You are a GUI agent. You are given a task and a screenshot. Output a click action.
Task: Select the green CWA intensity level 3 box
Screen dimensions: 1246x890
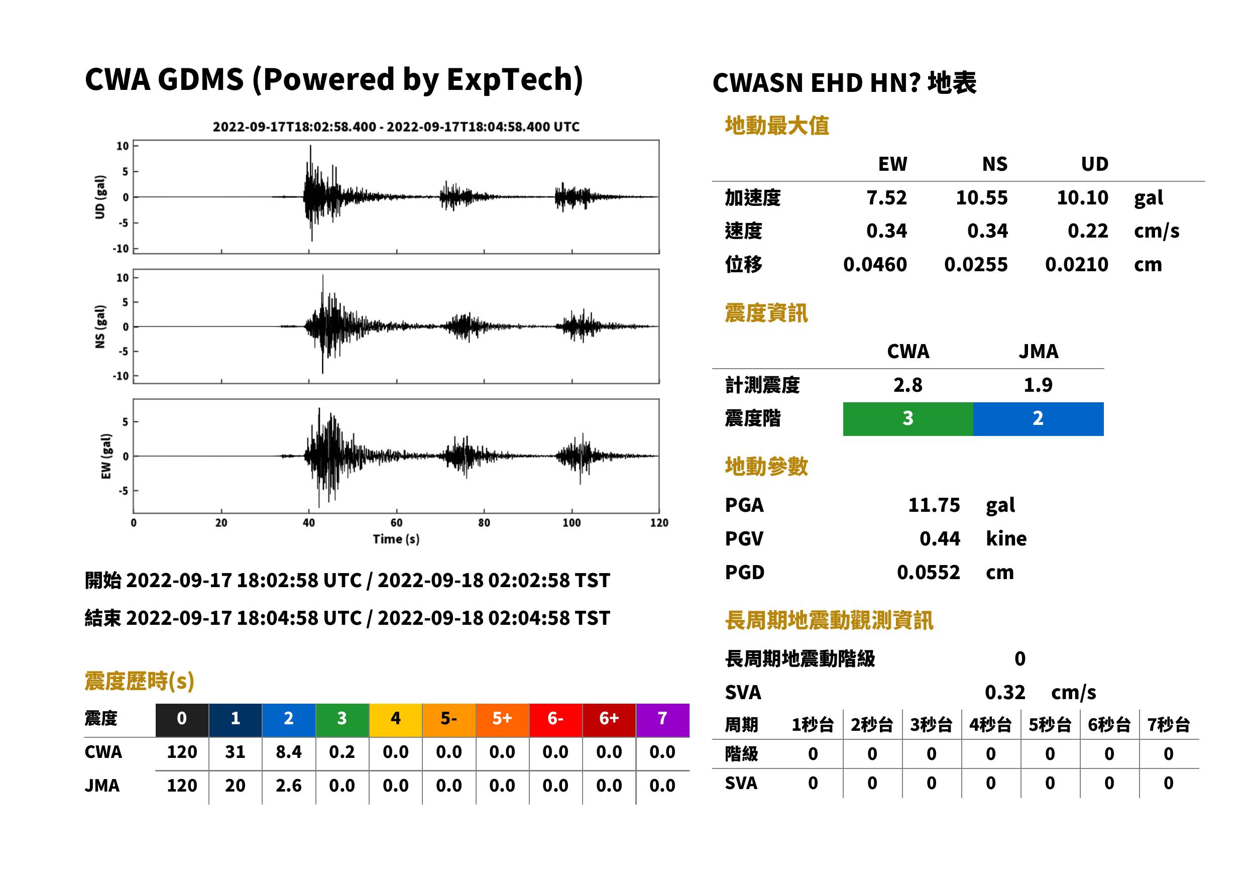point(908,419)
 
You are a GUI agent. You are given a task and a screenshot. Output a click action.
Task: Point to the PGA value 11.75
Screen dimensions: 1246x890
point(934,505)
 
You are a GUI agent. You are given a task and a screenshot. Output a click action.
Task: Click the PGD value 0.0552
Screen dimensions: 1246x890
point(928,572)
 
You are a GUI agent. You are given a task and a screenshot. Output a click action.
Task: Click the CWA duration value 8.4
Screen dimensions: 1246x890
point(289,752)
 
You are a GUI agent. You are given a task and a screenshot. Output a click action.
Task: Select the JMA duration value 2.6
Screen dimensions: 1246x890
point(289,786)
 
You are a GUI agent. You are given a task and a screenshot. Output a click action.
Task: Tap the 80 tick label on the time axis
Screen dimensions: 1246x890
point(484,523)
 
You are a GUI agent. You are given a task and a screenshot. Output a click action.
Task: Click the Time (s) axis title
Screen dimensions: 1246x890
point(396,539)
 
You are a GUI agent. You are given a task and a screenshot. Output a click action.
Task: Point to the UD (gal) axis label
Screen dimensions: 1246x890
point(100,197)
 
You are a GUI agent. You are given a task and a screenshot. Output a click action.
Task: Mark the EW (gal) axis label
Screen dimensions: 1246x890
point(106,456)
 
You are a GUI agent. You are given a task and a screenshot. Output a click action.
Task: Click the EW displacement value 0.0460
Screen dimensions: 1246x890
point(875,265)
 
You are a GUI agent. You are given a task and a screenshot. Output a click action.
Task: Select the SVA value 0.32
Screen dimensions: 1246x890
point(1005,692)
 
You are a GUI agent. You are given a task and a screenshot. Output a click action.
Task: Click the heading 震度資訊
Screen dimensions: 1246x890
point(766,313)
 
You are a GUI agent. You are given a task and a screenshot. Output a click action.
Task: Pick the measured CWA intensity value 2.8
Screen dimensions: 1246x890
point(908,385)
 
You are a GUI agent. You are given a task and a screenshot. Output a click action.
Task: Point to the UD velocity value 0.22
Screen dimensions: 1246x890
point(1088,231)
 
